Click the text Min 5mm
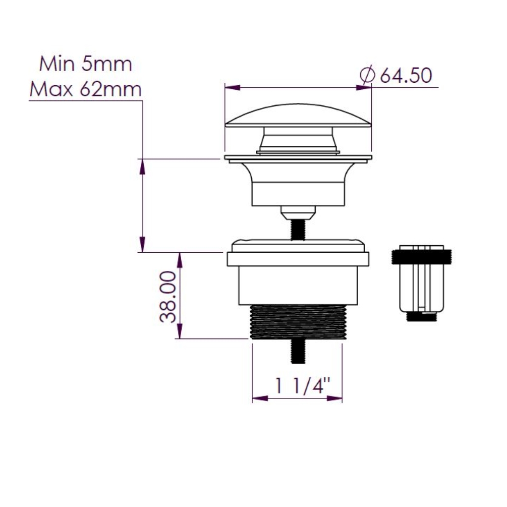click(x=86, y=64)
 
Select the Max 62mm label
click(x=86, y=89)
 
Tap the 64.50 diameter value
click(x=406, y=75)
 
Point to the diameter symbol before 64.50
click(x=367, y=75)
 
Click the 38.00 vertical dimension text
click(x=168, y=297)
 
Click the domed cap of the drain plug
click(x=298, y=116)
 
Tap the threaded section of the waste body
click(x=298, y=322)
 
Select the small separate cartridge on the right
click(x=421, y=283)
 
